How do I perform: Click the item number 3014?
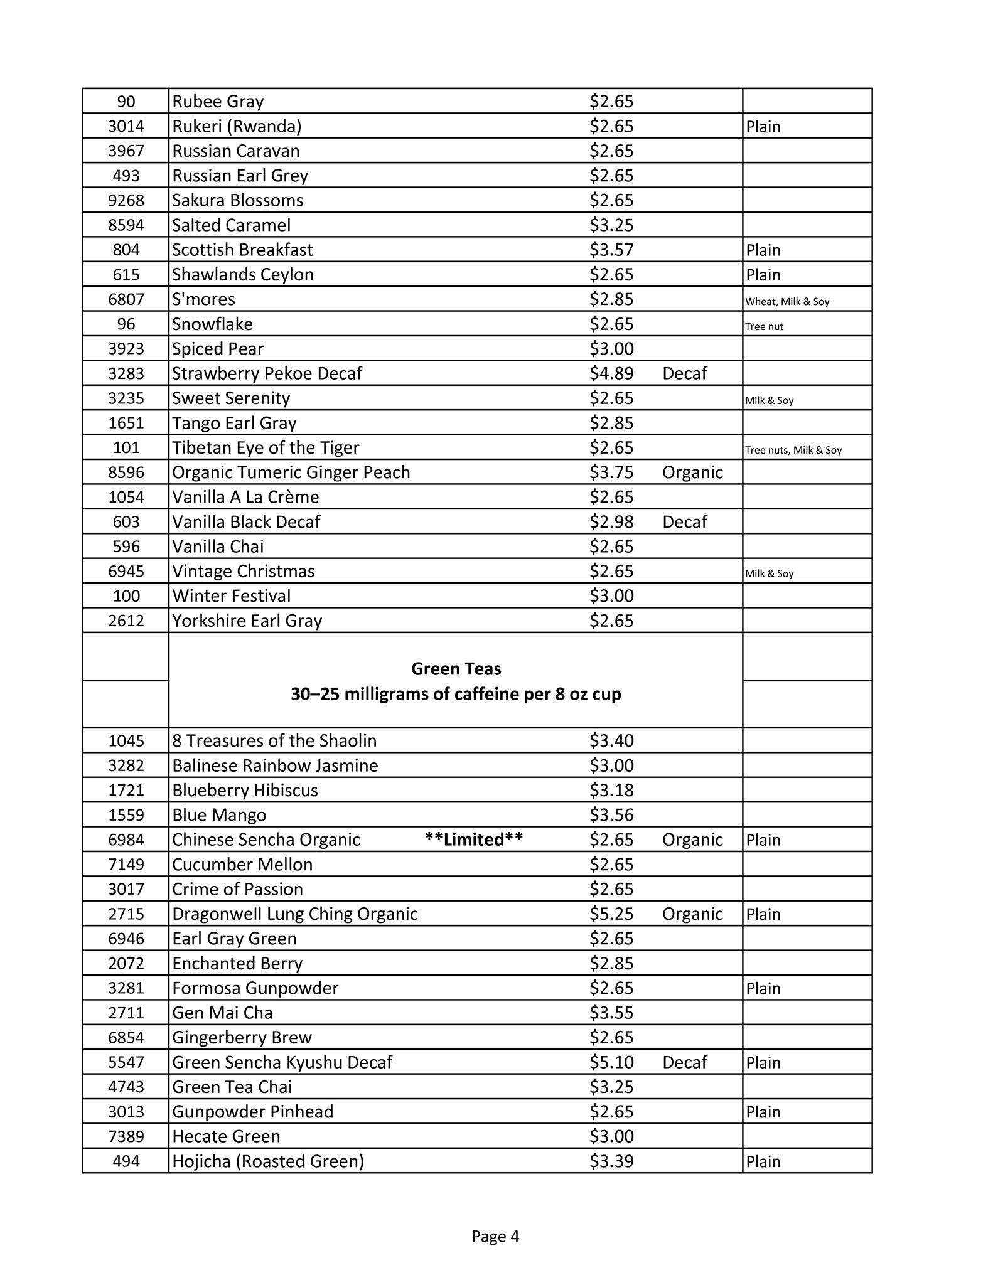126,126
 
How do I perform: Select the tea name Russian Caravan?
235,151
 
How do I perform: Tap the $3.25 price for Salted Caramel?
611,225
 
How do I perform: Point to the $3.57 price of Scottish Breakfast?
611,250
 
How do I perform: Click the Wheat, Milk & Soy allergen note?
787,302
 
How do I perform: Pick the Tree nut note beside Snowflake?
764,326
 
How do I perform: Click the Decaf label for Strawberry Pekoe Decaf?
684,373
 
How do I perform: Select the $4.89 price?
611,373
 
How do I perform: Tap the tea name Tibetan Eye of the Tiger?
266,448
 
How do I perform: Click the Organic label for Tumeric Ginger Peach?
692,472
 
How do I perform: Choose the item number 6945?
126,572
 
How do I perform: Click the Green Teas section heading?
456,669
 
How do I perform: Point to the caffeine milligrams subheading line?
456,694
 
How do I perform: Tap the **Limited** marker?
473,840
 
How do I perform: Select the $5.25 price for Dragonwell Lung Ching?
611,914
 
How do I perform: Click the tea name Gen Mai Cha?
222,1013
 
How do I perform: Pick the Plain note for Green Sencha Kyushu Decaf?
763,1062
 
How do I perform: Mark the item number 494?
126,1161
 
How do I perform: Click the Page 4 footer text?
495,1236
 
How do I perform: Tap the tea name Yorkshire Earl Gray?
247,621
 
